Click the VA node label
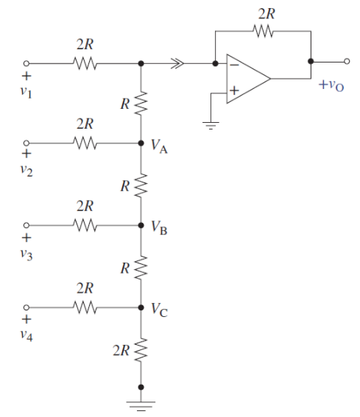pos(160,147)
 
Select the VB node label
pos(160,229)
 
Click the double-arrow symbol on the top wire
pos(178,64)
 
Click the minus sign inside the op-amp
pos(233,65)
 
